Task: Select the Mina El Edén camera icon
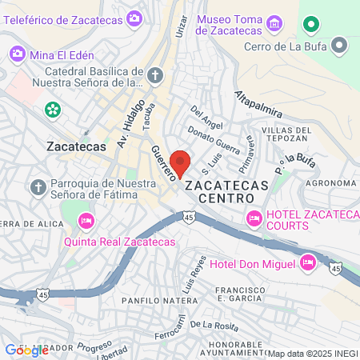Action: point(17,54)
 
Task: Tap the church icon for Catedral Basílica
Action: point(154,77)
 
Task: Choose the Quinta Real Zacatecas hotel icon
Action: point(86,219)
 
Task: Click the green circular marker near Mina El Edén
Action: point(53,109)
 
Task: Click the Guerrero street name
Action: point(162,167)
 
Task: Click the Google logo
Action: point(26,350)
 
